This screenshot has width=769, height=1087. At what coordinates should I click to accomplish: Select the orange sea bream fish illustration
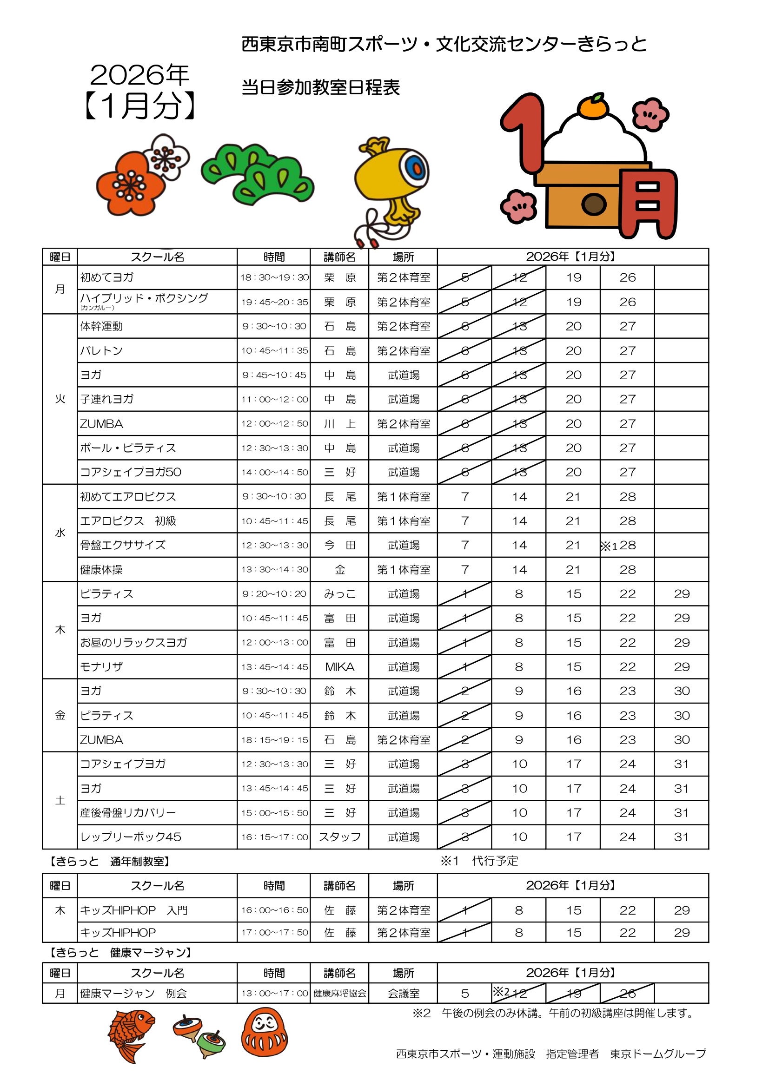[x=130, y=1036]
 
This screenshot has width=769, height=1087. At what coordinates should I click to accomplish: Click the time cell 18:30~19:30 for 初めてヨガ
[x=274, y=277]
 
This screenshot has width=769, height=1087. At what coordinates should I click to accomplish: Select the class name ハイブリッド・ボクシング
[x=144, y=298]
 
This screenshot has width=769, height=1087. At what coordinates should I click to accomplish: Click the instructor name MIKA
[x=339, y=666]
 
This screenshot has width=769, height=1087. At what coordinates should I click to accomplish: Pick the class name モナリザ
[x=101, y=666]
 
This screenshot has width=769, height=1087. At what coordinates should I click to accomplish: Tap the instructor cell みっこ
[x=339, y=593]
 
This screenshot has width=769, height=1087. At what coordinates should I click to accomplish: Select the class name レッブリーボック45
[x=131, y=837]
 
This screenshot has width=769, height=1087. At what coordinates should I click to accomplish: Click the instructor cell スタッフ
[x=339, y=837]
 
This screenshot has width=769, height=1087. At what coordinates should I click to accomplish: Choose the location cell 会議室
[x=403, y=993]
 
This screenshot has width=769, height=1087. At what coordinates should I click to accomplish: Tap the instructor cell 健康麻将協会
[x=339, y=993]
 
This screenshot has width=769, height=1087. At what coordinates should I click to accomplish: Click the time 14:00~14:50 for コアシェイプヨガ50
[x=274, y=472]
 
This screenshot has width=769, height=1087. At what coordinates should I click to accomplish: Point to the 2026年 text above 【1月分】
[x=139, y=75]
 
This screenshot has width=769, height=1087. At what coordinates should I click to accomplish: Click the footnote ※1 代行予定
[x=479, y=861]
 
